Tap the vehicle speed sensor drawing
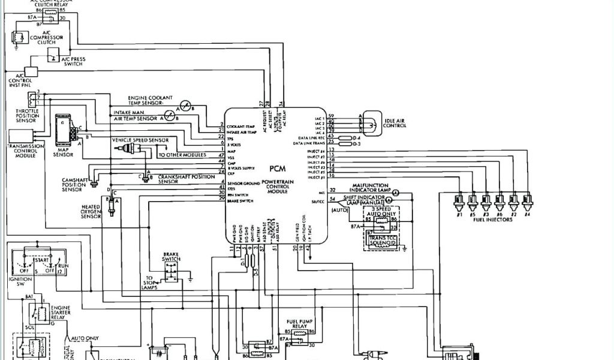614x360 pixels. [x=131, y=149]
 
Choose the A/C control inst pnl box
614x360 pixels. [x=31, y=71]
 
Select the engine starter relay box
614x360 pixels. [x=42, y=313]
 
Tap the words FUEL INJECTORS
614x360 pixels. [x=493, y=220]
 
